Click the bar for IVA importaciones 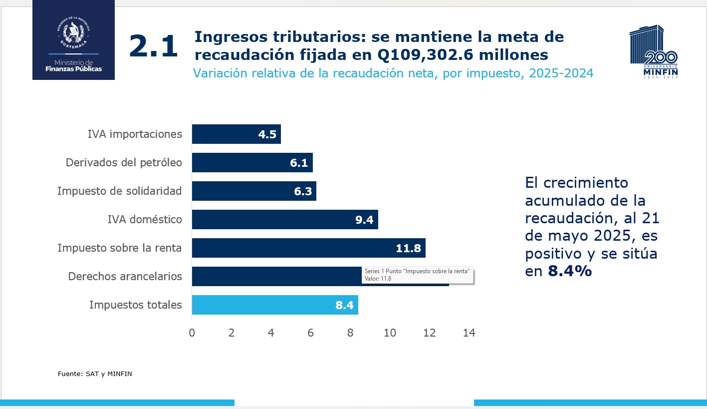236,134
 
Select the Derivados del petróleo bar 252,163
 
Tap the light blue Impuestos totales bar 274,305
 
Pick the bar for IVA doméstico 284,220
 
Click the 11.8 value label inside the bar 409,248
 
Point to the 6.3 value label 303,191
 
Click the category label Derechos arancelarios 125,276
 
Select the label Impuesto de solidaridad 119,191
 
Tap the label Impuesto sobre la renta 119,248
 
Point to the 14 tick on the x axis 469,333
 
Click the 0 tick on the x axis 192,333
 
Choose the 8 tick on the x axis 350,333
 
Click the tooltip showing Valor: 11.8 418,275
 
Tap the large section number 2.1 153,47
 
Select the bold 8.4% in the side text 570,271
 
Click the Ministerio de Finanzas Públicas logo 73,40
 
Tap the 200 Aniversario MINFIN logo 654,52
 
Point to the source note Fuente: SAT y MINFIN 95,374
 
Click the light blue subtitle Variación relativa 393,73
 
